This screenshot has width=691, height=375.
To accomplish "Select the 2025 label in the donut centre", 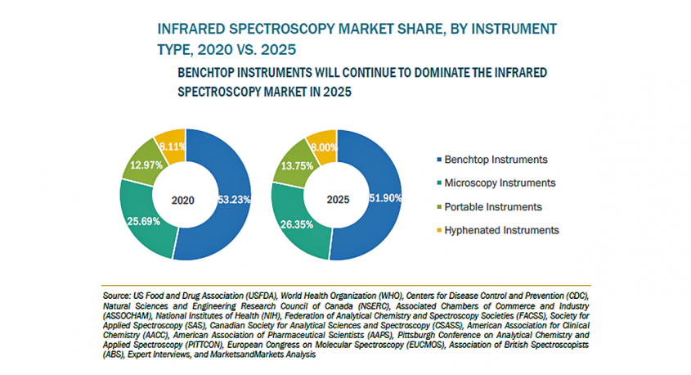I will tap(337, 198).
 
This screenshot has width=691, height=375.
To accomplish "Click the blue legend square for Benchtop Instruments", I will tap(440, 159).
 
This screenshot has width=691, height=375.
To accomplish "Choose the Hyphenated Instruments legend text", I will tap(502, 230).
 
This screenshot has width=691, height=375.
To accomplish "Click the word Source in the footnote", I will tap(117, 292).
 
